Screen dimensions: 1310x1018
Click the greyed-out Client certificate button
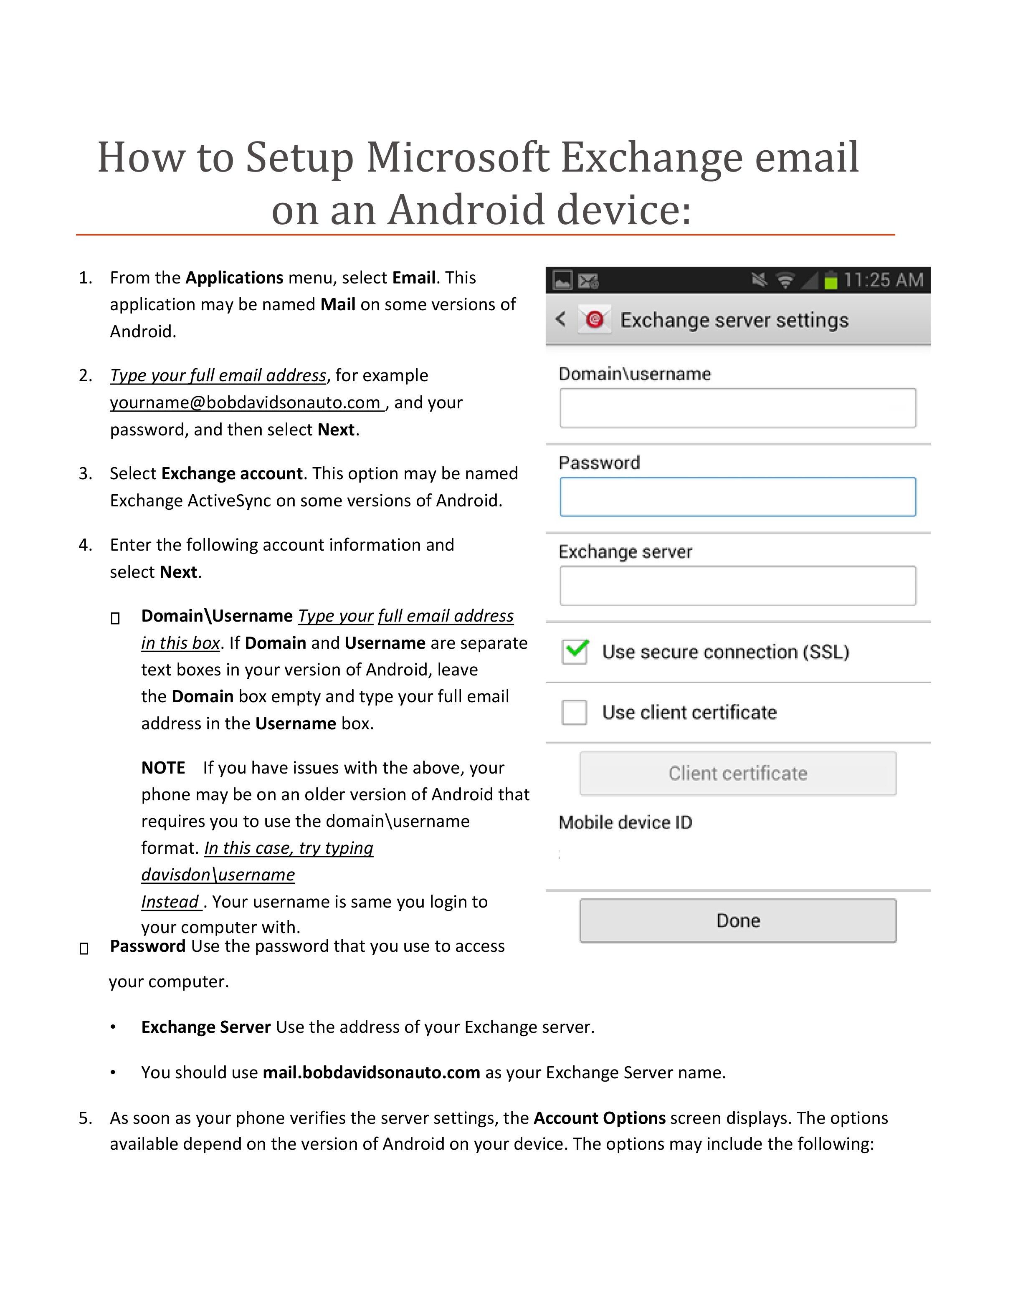click(737, 773)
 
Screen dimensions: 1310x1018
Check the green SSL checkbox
click(575, 651)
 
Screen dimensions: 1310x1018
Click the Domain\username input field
click(737, 408)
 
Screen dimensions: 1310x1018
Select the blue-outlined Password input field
click(737, 497)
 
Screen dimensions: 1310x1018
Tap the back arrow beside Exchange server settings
click(561, 319)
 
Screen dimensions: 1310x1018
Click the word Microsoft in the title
click(458, 157)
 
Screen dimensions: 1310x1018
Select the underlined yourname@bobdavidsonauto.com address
click(246, 402)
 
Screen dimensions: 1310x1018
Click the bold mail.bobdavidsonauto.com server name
click(371, 1072)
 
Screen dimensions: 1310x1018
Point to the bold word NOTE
click(163, 768)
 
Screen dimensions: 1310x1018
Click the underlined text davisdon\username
click(218, 875)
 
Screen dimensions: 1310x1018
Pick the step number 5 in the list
click(85, 1118)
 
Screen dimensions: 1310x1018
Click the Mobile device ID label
click(625, 822)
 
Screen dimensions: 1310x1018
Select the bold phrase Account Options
click(599, 1118)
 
